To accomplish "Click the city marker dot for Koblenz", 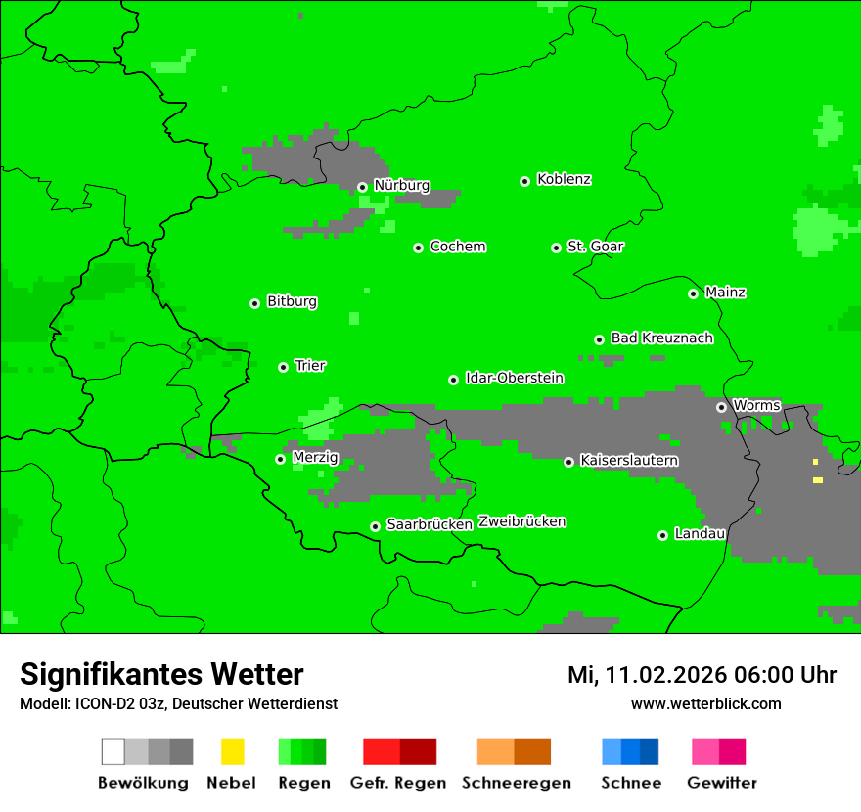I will pyautogui.click(x=525, y=181).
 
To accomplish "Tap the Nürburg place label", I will pyautogui.click(x=401, y=186).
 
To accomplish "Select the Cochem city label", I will pyautogui.click(x=457, y=247).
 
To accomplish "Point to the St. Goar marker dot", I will pyautogui.click(x=556, y=248).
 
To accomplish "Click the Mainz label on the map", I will pyautogui.click(x=725, y=293).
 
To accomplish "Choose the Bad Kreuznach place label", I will pyautogui.click(x=661, y=338).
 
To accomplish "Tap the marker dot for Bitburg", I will pyautogui.click(x=255, y=303).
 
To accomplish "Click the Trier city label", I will pyautogui.click(x=310, y=366).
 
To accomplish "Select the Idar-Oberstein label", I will pyautogui.click(x=514, y=379).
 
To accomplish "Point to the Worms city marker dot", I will pyautogui.click(x=721, y=407).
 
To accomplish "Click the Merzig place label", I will pyautogui.click(x=315, y=458).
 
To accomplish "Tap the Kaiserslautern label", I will pyautogui.click(x=628, y=461).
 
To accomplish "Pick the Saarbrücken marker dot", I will pyautogui.click(x=375, y=526).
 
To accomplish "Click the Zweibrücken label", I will pyautogui.click(x=521, y=522).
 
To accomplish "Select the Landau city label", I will pyautogui.click(x=700, y=534).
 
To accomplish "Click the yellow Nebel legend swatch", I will pyautogui.click(x=232, y=751).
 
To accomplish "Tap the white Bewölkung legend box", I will pyautogui.click(x=113, y=751).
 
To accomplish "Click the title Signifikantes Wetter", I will pyautogui.click(x=161, y=675).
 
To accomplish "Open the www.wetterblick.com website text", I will pyautogui.click(x=705, y=704).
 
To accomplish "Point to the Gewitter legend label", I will pyautogui.click(x=721, y=783).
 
